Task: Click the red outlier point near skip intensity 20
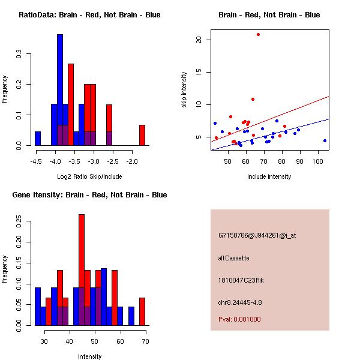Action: (x=258, y=34)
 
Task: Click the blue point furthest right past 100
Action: (x=325, y=140)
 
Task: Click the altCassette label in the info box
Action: (x=233, y=258)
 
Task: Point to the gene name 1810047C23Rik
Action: (x=241, y=280)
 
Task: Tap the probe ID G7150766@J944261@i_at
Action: (x=257, y=235)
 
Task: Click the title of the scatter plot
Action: (x=269, y=15)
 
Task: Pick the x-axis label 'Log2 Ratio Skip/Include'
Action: (x=89, y=176)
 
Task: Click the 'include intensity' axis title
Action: (x=269, y=176)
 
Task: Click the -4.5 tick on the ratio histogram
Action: (x=37, y=161)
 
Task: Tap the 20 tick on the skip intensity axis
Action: (x=198, y=40)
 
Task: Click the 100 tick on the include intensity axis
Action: (x=318, y=161)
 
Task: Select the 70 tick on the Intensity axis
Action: (x=145, y=341)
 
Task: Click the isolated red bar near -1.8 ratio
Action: (x=142, y=135)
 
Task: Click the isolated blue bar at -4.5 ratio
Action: (x=38, y=139)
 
